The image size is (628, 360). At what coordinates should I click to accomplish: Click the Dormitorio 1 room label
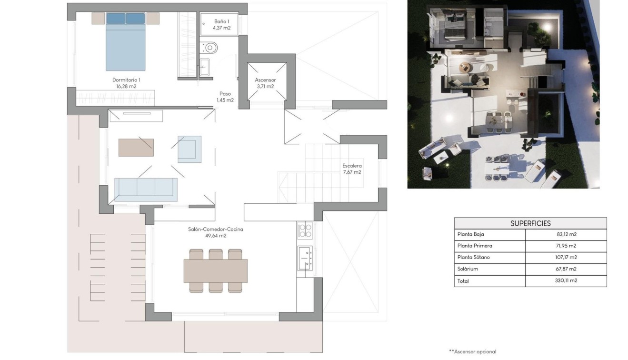[x=126, y=83]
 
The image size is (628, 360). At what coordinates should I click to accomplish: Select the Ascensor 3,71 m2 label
[x=265, y=83]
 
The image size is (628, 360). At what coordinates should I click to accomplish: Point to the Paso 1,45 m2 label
[x=225, y=97]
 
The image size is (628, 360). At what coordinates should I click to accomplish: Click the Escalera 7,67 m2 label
[x=352, y=169]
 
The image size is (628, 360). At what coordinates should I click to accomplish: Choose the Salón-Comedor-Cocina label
[x=215, y=232]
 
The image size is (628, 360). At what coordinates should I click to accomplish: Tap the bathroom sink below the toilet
[x=204, y=67]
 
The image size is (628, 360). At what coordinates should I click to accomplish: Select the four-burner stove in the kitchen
[x=305, y=230]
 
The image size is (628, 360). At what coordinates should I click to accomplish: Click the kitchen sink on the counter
[x=305, y=258]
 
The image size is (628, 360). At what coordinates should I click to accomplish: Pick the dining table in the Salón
[x=215, y=270]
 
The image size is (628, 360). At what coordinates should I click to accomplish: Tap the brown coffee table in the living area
[x=136, y=148]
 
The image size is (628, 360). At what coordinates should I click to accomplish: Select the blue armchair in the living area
[x=189, y=149]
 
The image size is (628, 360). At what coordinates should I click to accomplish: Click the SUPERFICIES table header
[x=530, y=223]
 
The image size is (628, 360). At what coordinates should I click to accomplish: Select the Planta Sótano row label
[x=473, y=258]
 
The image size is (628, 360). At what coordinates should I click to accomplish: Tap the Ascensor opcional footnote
[x=472, y=352]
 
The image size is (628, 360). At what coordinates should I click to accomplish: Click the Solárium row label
[x=468, y=269]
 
